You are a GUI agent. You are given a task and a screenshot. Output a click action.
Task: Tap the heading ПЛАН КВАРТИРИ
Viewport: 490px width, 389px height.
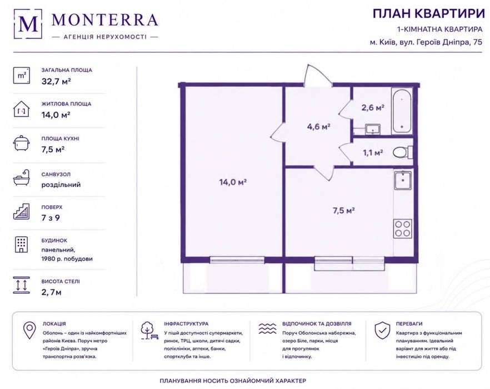(428, 14)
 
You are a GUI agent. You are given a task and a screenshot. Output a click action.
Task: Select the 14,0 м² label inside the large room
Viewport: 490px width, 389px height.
(233, 182)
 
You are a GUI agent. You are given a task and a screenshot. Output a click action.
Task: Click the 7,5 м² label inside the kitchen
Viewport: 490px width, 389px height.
(344, 210)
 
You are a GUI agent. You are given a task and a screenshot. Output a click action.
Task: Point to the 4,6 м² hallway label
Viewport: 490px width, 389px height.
(318, 126)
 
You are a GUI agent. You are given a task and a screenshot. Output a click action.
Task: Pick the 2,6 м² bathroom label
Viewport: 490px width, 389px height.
(373, 107)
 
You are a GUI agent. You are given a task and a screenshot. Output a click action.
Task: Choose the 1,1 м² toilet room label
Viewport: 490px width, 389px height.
(373, 152)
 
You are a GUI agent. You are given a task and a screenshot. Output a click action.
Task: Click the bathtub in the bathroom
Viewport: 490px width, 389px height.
(402, 111)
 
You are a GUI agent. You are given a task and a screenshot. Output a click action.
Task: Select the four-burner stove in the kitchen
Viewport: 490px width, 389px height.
(402, 229)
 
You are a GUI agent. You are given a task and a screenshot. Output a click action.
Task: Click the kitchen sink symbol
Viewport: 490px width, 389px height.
(403, 180)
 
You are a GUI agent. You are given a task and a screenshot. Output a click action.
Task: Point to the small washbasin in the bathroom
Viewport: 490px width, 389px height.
(372, 129)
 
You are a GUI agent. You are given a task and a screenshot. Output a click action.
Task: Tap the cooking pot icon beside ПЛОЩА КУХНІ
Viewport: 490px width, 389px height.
(22, 143)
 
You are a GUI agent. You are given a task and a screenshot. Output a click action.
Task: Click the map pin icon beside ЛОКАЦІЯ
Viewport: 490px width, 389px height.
(29, 330)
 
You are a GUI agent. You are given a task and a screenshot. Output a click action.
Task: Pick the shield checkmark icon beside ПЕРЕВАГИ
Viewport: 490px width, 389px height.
(382, 330)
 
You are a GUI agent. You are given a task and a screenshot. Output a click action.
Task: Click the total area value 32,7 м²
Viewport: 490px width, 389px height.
(56, 81)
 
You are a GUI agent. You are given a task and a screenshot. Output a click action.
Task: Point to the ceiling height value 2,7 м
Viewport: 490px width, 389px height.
(52, 293)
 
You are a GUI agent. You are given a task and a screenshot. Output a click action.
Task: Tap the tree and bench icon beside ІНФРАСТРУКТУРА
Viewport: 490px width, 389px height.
(149, 331)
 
